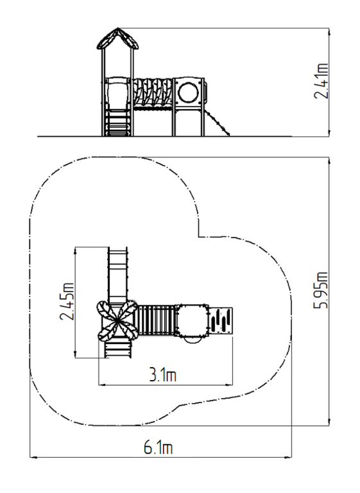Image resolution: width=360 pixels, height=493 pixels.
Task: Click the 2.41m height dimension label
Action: [321, 81]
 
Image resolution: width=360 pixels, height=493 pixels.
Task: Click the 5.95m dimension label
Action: [321, 290]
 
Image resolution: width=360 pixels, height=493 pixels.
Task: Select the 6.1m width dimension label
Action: [158, 447]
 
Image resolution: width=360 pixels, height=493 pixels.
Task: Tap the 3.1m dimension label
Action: [162, 375]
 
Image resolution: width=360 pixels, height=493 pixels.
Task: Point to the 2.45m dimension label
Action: [67, 302]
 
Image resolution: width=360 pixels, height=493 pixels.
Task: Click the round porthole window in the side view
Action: [188, 92]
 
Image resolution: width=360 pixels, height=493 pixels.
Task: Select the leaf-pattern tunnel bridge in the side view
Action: [153, 92]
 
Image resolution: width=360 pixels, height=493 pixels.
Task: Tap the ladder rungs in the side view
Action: [118, 123]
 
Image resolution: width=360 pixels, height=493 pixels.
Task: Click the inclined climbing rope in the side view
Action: [218, 123]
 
